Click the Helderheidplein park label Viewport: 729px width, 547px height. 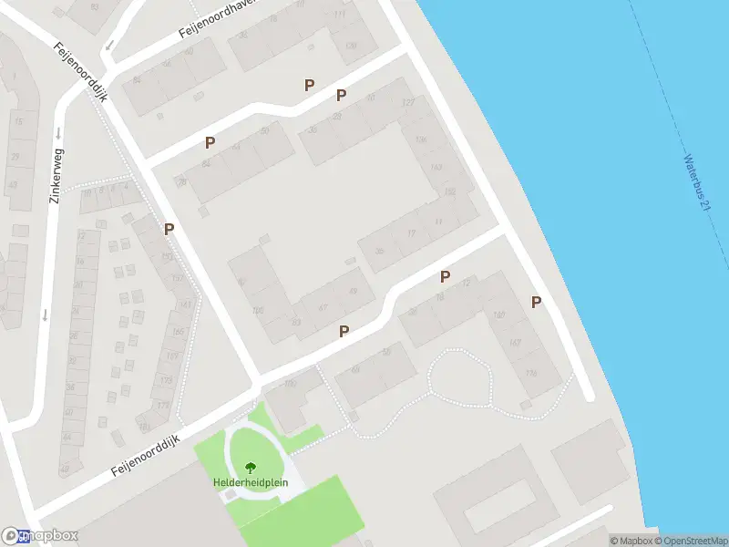tap(245, 482)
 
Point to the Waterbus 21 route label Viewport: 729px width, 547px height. tap(696, 182)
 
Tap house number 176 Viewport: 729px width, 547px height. tap(531, 374)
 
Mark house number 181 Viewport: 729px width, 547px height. tap(143, 426)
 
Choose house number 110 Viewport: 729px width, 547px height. tap(291, 384)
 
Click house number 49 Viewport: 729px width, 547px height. tap(353, 291)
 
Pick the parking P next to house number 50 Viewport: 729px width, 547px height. tap(210, 143)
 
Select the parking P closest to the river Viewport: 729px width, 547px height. tap(537, 303)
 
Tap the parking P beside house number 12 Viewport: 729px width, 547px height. tap(446, 277)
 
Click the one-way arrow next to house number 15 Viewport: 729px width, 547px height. tap(57, 132)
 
